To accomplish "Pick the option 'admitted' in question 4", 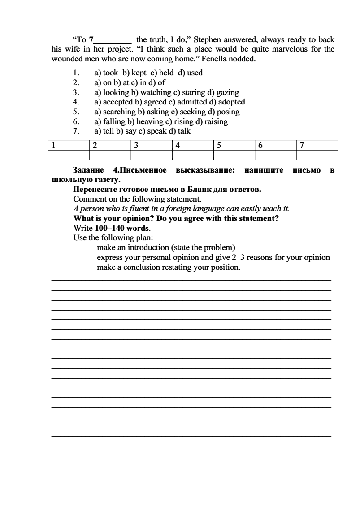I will click(x=191, y=102).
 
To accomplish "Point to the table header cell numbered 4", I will click(x=193, y=145).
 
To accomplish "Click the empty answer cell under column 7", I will click(x=317, y=155).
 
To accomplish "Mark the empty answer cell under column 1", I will click(x=69, y=155).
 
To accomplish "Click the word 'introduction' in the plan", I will click(x=148, y=247).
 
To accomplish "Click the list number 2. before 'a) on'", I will click(x=76, y=82).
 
